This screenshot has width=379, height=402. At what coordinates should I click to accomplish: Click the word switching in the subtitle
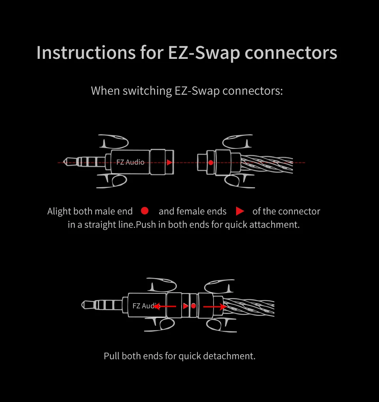[147, 91]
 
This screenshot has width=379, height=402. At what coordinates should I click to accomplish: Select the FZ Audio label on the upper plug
[130, 162]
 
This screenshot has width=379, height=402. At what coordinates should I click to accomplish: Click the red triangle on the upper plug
[169, 162]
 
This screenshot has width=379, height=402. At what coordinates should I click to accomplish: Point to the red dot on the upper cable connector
[211, 162]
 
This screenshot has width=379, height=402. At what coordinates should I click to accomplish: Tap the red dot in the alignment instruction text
[144, 211]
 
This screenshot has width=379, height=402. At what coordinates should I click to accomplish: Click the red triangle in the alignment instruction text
[240, 211]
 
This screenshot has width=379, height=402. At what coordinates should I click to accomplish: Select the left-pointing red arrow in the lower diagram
[165, 306]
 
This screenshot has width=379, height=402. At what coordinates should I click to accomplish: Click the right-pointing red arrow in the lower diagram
[214, 306]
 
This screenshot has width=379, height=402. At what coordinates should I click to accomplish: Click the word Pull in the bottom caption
[112, 356]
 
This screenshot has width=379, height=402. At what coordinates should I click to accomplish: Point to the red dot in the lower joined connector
[193, 306]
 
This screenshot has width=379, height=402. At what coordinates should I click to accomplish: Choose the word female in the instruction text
[191, 211]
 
